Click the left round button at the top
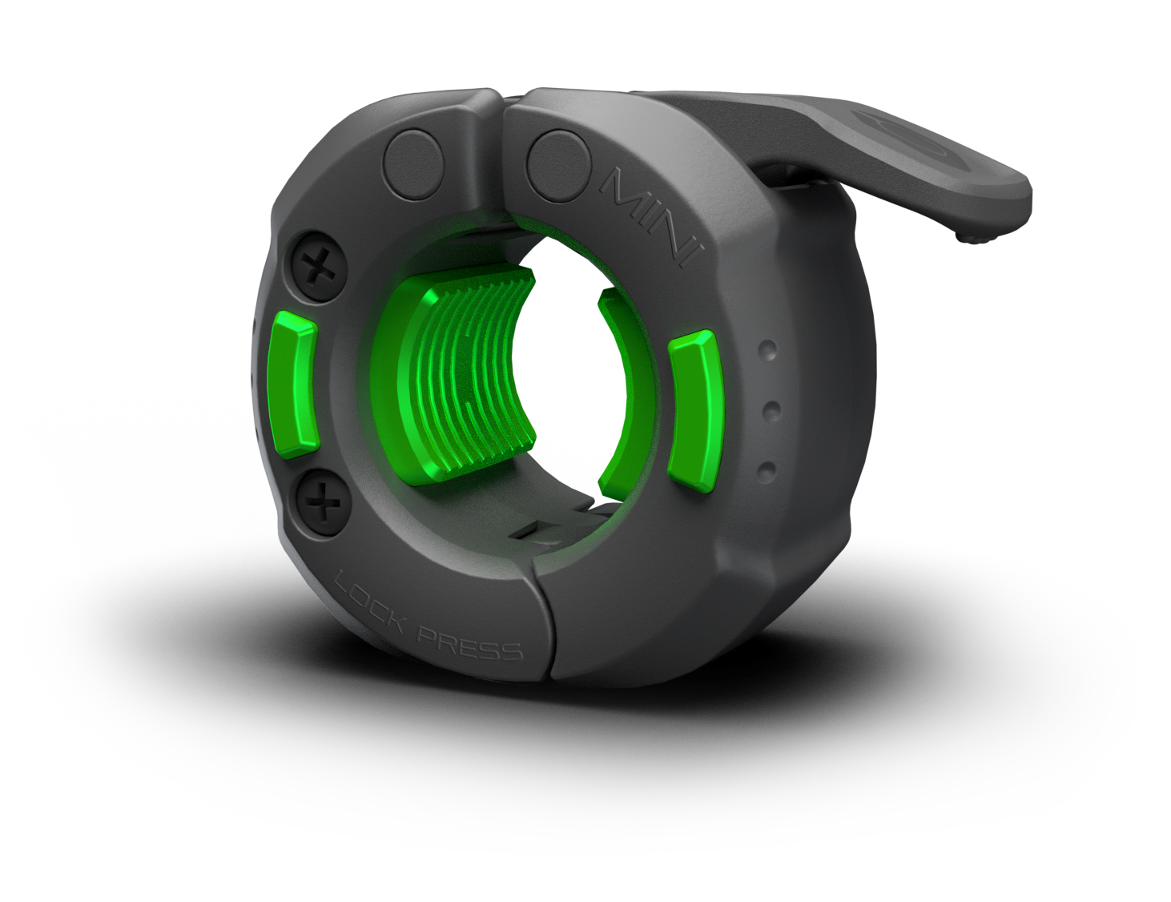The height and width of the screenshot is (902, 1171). pos(415,164)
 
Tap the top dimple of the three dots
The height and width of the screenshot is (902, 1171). pos(769,350)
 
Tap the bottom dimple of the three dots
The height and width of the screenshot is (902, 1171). pos(767,467)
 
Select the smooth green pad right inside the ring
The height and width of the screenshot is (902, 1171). pos(617,393)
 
